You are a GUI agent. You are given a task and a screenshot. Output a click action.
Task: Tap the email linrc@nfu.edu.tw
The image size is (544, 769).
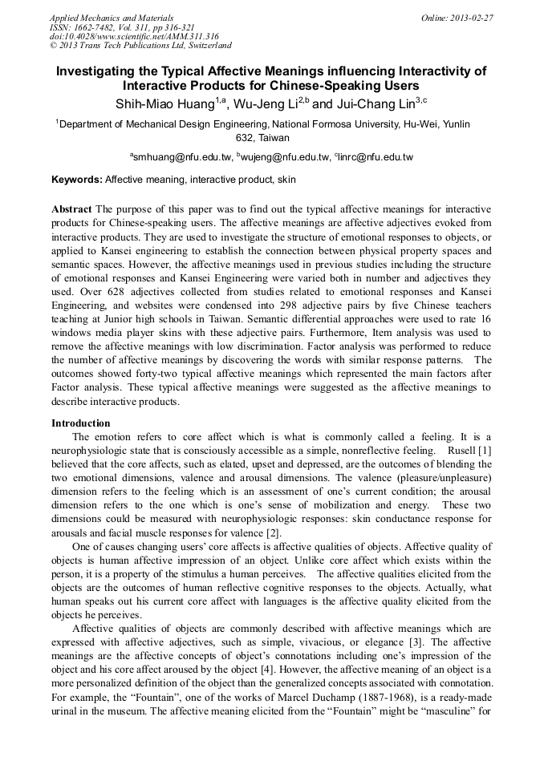(376, 156)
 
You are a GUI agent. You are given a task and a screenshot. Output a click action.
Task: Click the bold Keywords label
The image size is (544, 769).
(77, 180)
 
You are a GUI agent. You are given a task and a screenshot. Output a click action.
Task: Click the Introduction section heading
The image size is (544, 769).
(81, 423)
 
